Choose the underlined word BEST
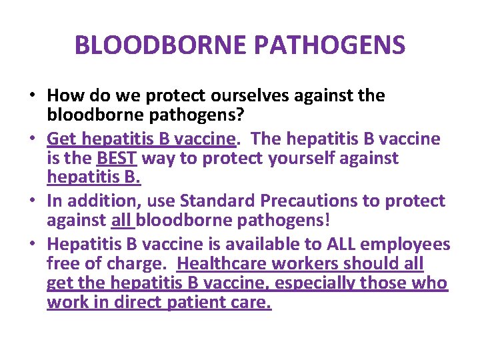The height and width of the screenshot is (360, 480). (x=117, y=158)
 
